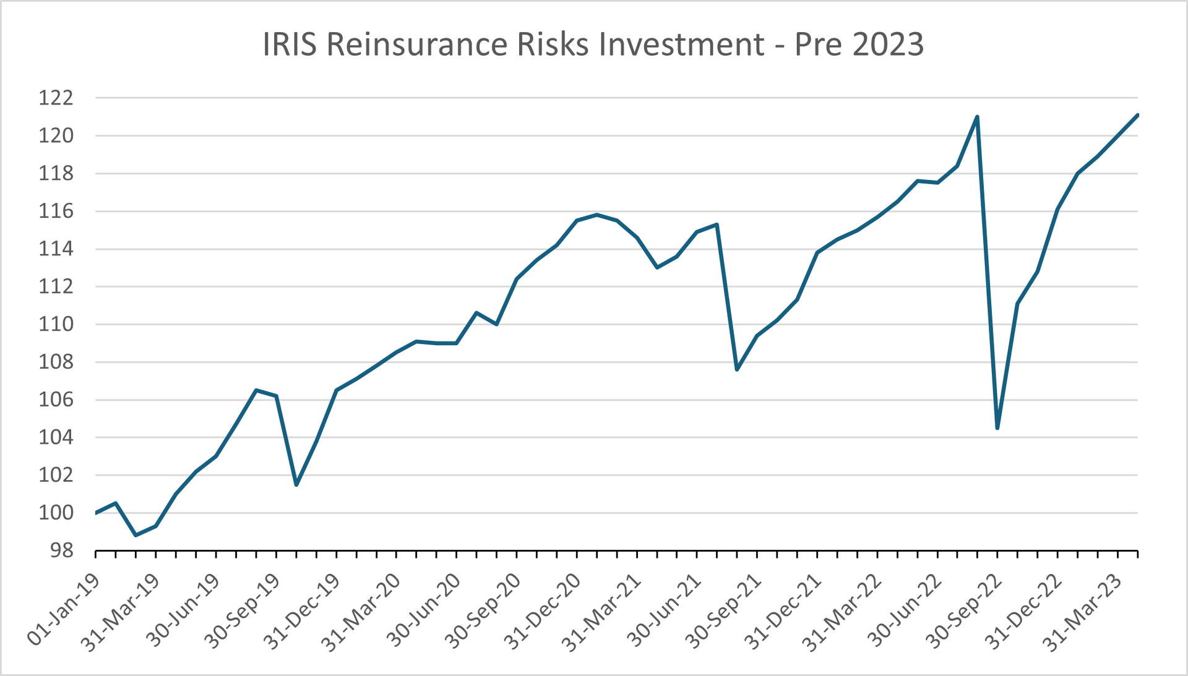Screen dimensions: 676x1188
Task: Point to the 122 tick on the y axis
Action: coord(56,98)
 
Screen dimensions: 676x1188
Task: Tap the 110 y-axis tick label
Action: coord(56,324)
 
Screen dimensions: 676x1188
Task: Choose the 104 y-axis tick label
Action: coord(56,437)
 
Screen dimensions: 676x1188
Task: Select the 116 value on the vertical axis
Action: coord(56,212)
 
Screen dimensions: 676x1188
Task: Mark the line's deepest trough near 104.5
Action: coord(997,428)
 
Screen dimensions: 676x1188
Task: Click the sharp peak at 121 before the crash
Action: coord(977,116)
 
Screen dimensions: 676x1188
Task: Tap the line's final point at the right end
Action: coord(1137,115)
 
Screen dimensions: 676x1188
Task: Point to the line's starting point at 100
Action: coord(96,513)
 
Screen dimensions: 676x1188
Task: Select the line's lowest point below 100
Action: coord(136,535)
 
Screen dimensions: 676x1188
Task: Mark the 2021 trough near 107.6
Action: coord(737,370)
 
